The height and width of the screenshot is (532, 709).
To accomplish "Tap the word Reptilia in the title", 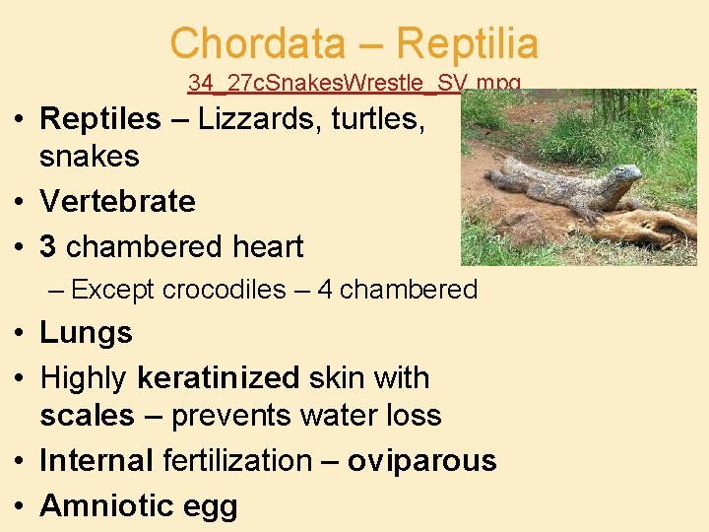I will tap(467, 43).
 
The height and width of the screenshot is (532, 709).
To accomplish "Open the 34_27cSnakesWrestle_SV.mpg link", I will tap(354, 83).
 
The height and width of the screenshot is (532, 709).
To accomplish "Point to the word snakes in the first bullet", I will tap(90, 157).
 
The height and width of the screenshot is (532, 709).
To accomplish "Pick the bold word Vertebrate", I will tap(117, 202).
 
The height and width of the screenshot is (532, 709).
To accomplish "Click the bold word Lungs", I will tap(86, 333).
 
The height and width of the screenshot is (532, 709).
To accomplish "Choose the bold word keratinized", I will tap(219, 377).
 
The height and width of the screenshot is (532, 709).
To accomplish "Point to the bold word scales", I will tap(87, 415).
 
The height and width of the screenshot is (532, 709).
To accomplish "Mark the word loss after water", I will tap(410, 415).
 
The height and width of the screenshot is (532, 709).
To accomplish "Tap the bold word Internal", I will tap(96, 460).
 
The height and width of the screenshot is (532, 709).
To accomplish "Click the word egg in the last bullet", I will tap(211, 507).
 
